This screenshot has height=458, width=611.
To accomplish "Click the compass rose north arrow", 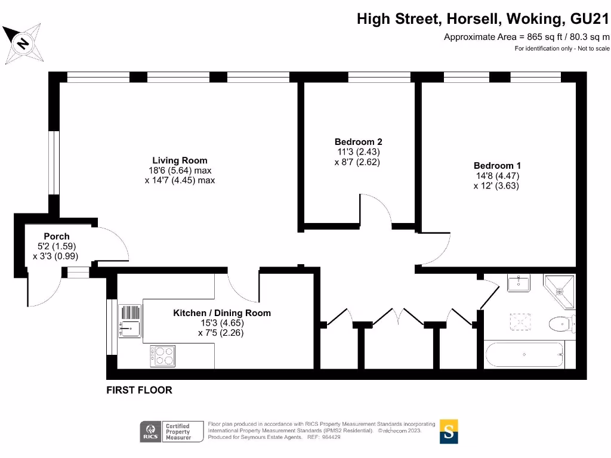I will point(23,44).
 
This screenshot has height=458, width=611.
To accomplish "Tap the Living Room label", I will point(180,160).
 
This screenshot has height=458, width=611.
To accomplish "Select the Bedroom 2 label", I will point(358,142).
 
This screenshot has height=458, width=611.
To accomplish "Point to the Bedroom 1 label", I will point(497,166).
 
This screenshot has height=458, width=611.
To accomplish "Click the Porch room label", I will point(57,236).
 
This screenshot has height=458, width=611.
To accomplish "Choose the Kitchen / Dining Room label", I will point(221,313).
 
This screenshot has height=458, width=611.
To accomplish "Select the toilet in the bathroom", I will point(563,324).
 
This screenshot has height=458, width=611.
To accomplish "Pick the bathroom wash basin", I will point(519,283).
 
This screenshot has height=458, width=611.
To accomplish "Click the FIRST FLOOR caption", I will point(139,390).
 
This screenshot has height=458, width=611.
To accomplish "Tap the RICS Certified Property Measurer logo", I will point(166,432).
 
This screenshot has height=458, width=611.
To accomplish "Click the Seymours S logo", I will point(449,431).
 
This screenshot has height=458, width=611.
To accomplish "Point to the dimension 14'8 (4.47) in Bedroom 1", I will point(496,176).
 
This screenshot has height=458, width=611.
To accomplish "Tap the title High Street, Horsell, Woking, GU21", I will point(483,19).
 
